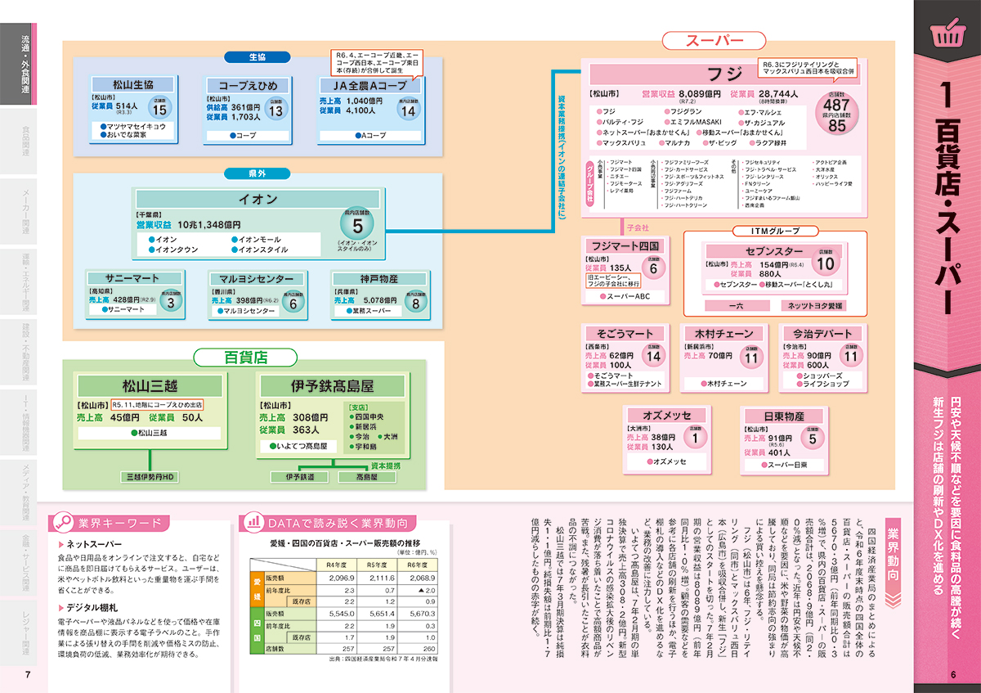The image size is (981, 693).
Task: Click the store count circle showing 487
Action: point(837,106)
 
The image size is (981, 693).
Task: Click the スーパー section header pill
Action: point(713,41)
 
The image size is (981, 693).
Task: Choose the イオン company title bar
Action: point(258,200)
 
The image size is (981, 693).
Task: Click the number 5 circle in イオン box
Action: point(357,225)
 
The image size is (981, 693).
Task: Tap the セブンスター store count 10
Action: point(826,263)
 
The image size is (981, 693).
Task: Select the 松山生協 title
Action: point(132,84)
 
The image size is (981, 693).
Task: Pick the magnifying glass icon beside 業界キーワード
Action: point(63,523)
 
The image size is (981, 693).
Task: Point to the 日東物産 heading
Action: point(783,416)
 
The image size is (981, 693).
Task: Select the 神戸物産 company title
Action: point(379,279)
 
